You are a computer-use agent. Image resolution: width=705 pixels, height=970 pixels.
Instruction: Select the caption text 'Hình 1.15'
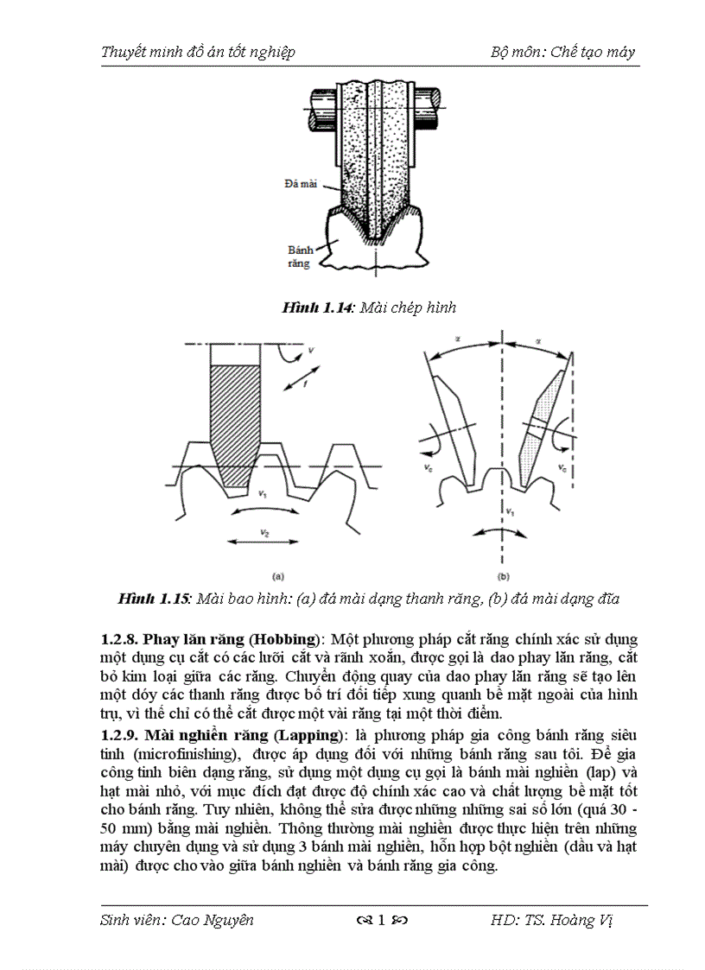(155, 599)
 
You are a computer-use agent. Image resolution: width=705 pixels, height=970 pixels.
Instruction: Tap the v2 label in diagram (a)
(264, 534)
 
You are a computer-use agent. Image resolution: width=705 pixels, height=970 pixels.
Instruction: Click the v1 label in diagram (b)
(511, 510)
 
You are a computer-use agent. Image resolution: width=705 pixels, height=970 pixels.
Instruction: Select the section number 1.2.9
(120, 735)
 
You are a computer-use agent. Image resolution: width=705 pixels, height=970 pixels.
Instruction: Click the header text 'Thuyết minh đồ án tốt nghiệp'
(198, 52)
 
